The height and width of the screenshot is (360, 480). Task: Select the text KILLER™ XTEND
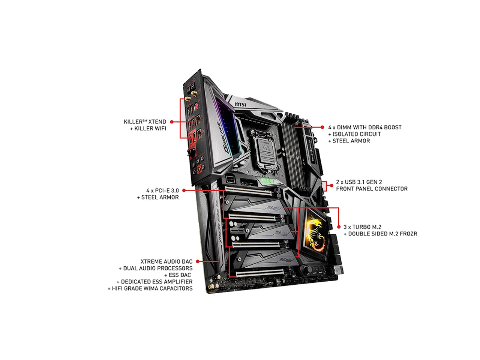(x=145, y=122)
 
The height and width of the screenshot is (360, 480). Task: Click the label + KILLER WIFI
(x=147, y=129)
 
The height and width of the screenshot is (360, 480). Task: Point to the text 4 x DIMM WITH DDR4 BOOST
(x=364, y=127)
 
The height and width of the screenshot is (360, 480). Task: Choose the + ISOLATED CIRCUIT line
(x=354, y=134)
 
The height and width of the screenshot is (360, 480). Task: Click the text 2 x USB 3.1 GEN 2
(x=359, y=182)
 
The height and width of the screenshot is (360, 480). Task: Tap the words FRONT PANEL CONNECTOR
(x=372, y=189)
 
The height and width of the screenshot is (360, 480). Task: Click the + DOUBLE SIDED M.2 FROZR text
(x=380, y=234)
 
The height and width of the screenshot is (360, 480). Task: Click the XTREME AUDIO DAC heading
(x=166, y=261)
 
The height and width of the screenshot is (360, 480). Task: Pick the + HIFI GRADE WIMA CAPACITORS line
(x=150, y=288)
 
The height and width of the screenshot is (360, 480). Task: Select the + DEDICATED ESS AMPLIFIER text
(x=154, y=282)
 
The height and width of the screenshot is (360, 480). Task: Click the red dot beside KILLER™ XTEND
(x=171, y=122)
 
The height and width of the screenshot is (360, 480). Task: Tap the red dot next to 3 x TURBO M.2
(x=339, y=227)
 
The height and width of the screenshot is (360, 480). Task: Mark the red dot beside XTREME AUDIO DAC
(x=198, y=261)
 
